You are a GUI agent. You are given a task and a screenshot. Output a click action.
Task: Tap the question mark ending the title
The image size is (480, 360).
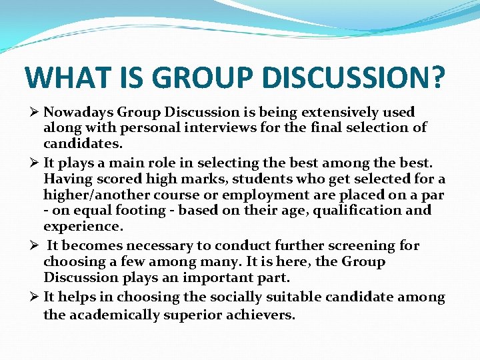tap(434, 77)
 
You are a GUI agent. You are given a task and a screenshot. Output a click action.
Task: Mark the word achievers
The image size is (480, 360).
tap(261, 314)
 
